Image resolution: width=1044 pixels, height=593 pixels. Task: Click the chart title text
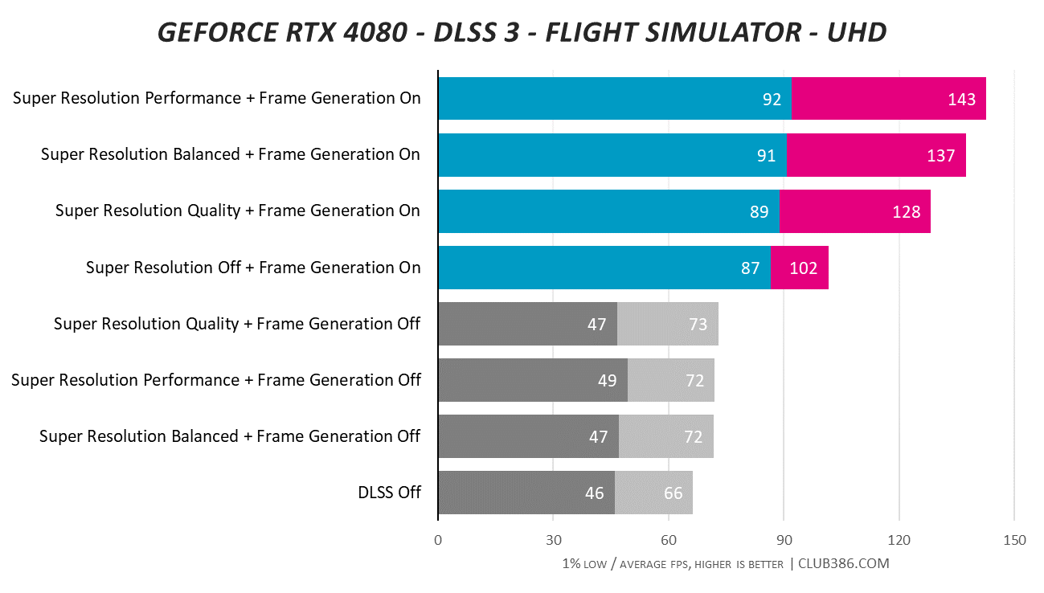point(522,31)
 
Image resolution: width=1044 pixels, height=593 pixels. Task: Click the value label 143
point(961,100)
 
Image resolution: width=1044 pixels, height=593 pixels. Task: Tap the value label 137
point(940,156)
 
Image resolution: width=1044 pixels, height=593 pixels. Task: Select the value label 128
point(906,212)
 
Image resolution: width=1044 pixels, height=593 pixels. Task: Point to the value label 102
point(803,268)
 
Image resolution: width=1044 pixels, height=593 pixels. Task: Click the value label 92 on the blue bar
point(772,100)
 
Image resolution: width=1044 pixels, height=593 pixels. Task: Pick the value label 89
point(759,212)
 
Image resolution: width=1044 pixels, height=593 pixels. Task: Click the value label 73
point(697,325)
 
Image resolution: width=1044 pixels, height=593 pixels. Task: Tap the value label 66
point(673,493)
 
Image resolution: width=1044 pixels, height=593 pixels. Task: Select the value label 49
point(607,381)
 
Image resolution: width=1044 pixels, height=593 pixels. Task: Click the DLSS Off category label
point(389,493)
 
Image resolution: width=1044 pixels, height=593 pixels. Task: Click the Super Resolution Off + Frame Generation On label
point(253,268)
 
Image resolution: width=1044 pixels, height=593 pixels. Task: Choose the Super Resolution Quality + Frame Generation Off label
point(237,324)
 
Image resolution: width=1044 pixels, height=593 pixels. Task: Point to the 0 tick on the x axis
point(438,540)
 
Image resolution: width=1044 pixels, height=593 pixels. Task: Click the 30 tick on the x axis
point(553,540)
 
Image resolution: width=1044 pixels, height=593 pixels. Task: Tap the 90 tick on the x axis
point(784,540)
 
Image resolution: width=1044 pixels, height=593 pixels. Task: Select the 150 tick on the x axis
point(1014,540)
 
